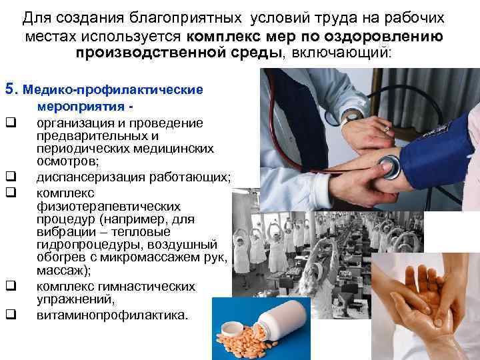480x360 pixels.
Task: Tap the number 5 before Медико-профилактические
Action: (x=9, y=88)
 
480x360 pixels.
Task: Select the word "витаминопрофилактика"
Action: (x=112, y=314)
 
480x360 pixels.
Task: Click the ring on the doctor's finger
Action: (x=385, y=126)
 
